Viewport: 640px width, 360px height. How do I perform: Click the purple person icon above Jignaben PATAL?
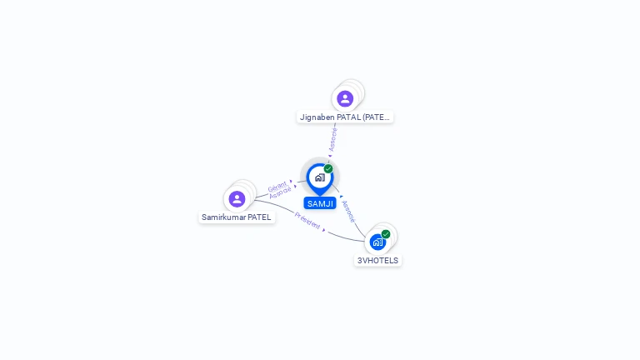(345, 99)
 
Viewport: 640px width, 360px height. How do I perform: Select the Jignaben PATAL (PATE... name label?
(345, 117)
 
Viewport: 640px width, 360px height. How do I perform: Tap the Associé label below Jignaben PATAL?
(333, 138)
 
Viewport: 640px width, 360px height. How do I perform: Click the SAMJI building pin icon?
(319, 177)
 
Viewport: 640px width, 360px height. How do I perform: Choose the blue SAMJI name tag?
(320, 203)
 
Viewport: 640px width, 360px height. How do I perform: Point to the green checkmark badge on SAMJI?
(328, 169)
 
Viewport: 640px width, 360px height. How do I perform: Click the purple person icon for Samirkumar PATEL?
(237, 199)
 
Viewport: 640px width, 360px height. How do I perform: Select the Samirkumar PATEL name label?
(237, 217)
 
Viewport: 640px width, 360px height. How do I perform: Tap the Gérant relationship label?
(277, 186)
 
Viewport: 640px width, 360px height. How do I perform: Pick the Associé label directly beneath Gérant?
(280, 193)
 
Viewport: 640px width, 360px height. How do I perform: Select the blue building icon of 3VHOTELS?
(377, 242)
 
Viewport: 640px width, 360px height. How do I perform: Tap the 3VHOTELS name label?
(378, 261)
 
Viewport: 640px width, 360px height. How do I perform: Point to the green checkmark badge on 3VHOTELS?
(386, 234)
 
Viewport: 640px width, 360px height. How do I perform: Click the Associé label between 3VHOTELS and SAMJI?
(348, 211)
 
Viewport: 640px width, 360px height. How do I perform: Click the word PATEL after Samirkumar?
(259, 217)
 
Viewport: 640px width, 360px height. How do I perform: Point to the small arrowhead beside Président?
(324, 230)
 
